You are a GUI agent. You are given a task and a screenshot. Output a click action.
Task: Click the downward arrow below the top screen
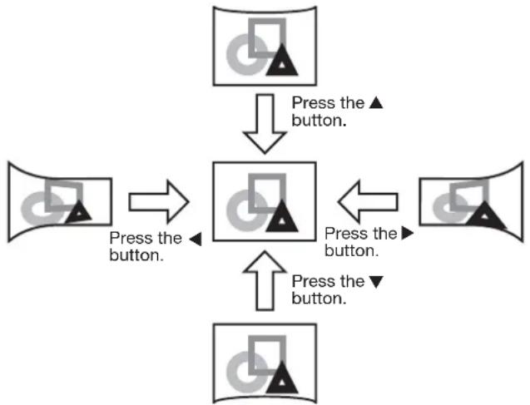(x=265, y=124)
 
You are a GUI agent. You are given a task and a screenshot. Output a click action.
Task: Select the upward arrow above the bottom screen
(x=265, y=280)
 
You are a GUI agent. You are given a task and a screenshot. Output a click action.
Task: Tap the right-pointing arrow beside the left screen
(x=159, y=202)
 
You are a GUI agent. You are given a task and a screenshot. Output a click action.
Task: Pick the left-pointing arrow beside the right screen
(x=368, y=202)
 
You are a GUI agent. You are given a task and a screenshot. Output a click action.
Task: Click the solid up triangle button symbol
(x=375, y=102)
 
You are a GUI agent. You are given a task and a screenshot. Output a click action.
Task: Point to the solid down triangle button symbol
(x=375, y=282)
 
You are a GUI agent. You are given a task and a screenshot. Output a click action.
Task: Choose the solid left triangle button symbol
(x=196, y=240)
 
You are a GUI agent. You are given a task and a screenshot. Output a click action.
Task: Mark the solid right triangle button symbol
(x=408, y=233)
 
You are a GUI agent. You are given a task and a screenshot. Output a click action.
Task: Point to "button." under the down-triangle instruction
(x=319, y=299)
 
